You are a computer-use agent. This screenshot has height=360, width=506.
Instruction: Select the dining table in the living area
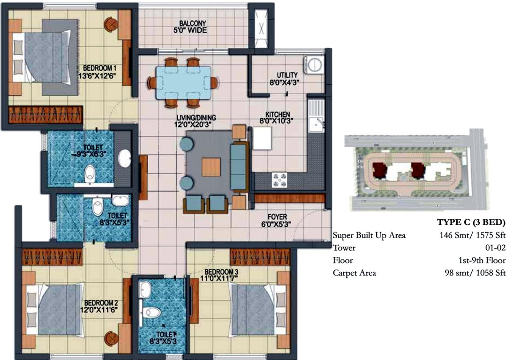183,81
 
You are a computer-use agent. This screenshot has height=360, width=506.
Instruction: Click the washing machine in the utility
313,64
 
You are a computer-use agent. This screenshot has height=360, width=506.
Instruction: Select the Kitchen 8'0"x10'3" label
278,117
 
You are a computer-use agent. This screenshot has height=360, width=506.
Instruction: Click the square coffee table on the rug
211,167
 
